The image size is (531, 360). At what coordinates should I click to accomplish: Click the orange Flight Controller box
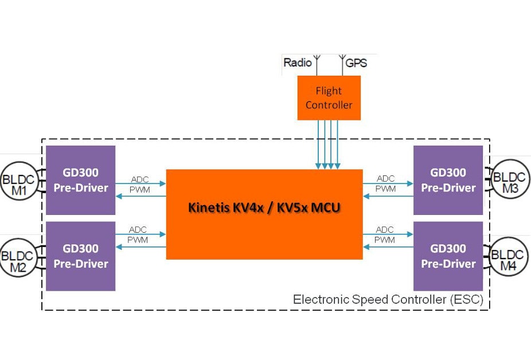pyautogui.click(x=329, y=97)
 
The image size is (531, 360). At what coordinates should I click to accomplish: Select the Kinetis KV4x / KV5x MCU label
pyautogui.click(x=264, y=208)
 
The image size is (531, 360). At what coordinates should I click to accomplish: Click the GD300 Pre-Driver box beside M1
pyautogui.click(x=81, y=180)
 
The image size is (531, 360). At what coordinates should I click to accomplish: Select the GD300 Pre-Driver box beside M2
pyautogui.click(x=81, y=256)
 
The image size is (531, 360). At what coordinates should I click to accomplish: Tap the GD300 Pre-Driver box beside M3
pyautogui.click(x=448, y=180)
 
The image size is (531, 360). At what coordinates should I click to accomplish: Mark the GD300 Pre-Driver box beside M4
pyautogui.click(x=448, y=256)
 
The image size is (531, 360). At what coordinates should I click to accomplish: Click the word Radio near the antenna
pyautogui.click(x=297, y=62)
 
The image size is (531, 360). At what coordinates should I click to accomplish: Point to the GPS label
pyautogui.click(x=356, y=62)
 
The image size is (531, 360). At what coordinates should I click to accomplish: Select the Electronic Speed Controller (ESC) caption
pyautogui.click(x=388, y=299)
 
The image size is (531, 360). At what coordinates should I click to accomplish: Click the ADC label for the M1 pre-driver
pyautogui.click(x=139, y=179)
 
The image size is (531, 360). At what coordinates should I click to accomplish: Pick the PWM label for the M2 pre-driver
pyautogui.click(x=138, y=240)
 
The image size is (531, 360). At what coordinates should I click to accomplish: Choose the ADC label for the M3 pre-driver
pyautogui.click(x=385, y=179)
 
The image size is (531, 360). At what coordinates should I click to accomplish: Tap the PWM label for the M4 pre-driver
pyautogui.click(x=385, y=240)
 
